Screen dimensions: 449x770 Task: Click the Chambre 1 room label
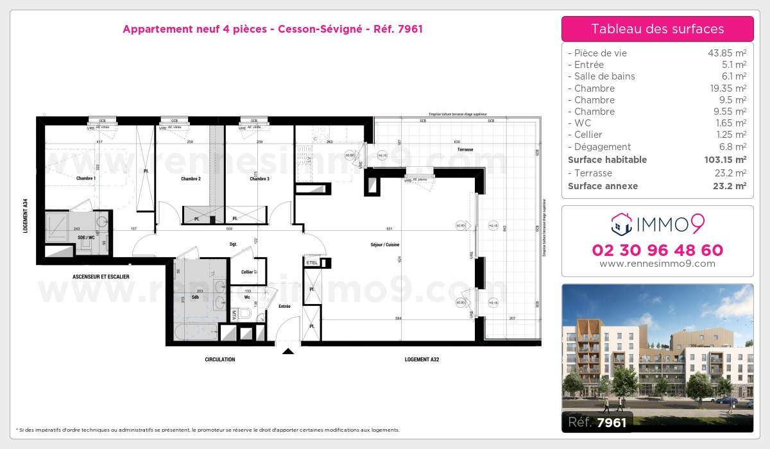pos(86,178)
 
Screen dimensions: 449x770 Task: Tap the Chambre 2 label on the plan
pos(191,179)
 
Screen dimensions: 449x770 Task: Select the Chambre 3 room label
pos(259,179)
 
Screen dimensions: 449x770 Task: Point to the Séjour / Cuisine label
pos(386,245)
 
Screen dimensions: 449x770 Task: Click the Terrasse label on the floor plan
pos(465,149)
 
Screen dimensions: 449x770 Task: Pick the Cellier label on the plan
pos(246,272)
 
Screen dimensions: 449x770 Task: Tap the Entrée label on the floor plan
pos(284,307)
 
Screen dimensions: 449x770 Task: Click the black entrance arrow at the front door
pos(288,351)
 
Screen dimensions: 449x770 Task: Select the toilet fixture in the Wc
pos(244,313)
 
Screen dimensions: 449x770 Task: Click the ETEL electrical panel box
pos(312,263)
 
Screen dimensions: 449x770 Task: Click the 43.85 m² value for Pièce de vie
pos(726,53)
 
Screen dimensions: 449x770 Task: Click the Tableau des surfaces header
pos(658,29)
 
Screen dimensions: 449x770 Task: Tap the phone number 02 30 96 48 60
pos(658,250)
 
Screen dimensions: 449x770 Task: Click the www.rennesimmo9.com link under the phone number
pos(658,264)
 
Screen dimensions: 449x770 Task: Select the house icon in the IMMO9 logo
pos(620,224)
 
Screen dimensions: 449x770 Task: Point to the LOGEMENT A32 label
pos(422,360)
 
